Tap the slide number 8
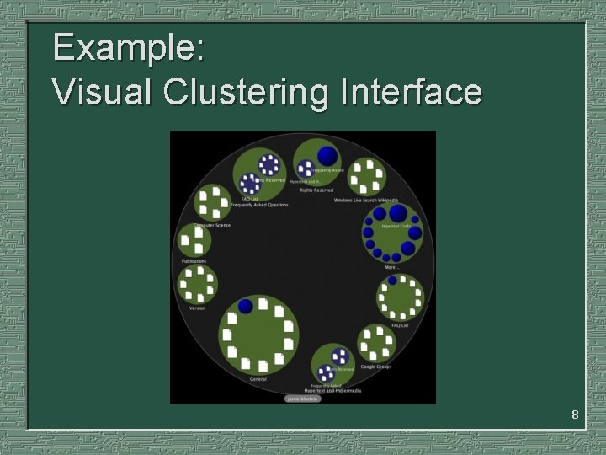575,415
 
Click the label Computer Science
212,225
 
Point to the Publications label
194,261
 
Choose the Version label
197,308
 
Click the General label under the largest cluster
258,379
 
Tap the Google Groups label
375,367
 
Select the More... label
391,267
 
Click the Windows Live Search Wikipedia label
365,201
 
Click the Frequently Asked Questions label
259,205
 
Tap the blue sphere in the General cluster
245,306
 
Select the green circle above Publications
195,241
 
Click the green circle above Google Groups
375,343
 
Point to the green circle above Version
197,285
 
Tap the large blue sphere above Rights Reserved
327,156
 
